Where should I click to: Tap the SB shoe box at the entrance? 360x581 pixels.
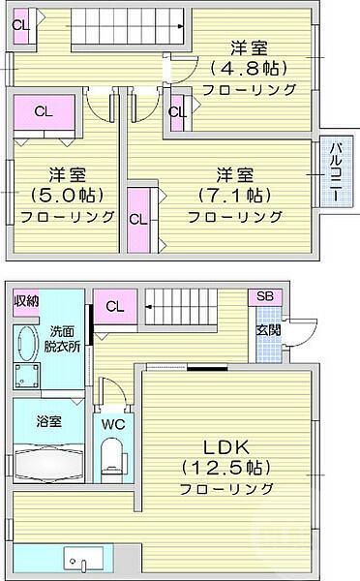coord(264,297)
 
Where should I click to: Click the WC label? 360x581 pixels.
coord(114,423)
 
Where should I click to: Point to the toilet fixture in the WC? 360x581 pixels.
coord(114,454)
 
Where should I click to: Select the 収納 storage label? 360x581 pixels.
coord(26,301)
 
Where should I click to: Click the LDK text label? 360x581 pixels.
coord(225,447)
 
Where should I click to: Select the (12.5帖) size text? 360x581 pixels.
coord(226,468)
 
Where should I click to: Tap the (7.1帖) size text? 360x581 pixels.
coord(235,195)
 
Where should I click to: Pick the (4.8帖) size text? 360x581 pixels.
coord(249,68)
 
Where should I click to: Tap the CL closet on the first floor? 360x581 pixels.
coord(114,308)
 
